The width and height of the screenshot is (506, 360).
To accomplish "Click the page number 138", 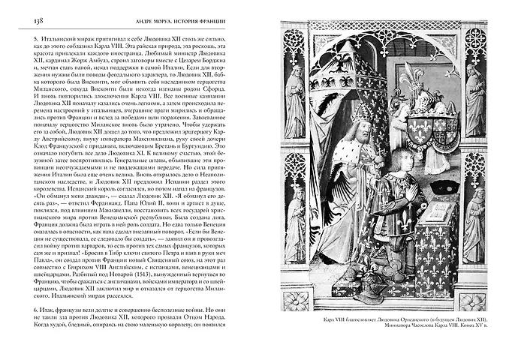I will [19, 18].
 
